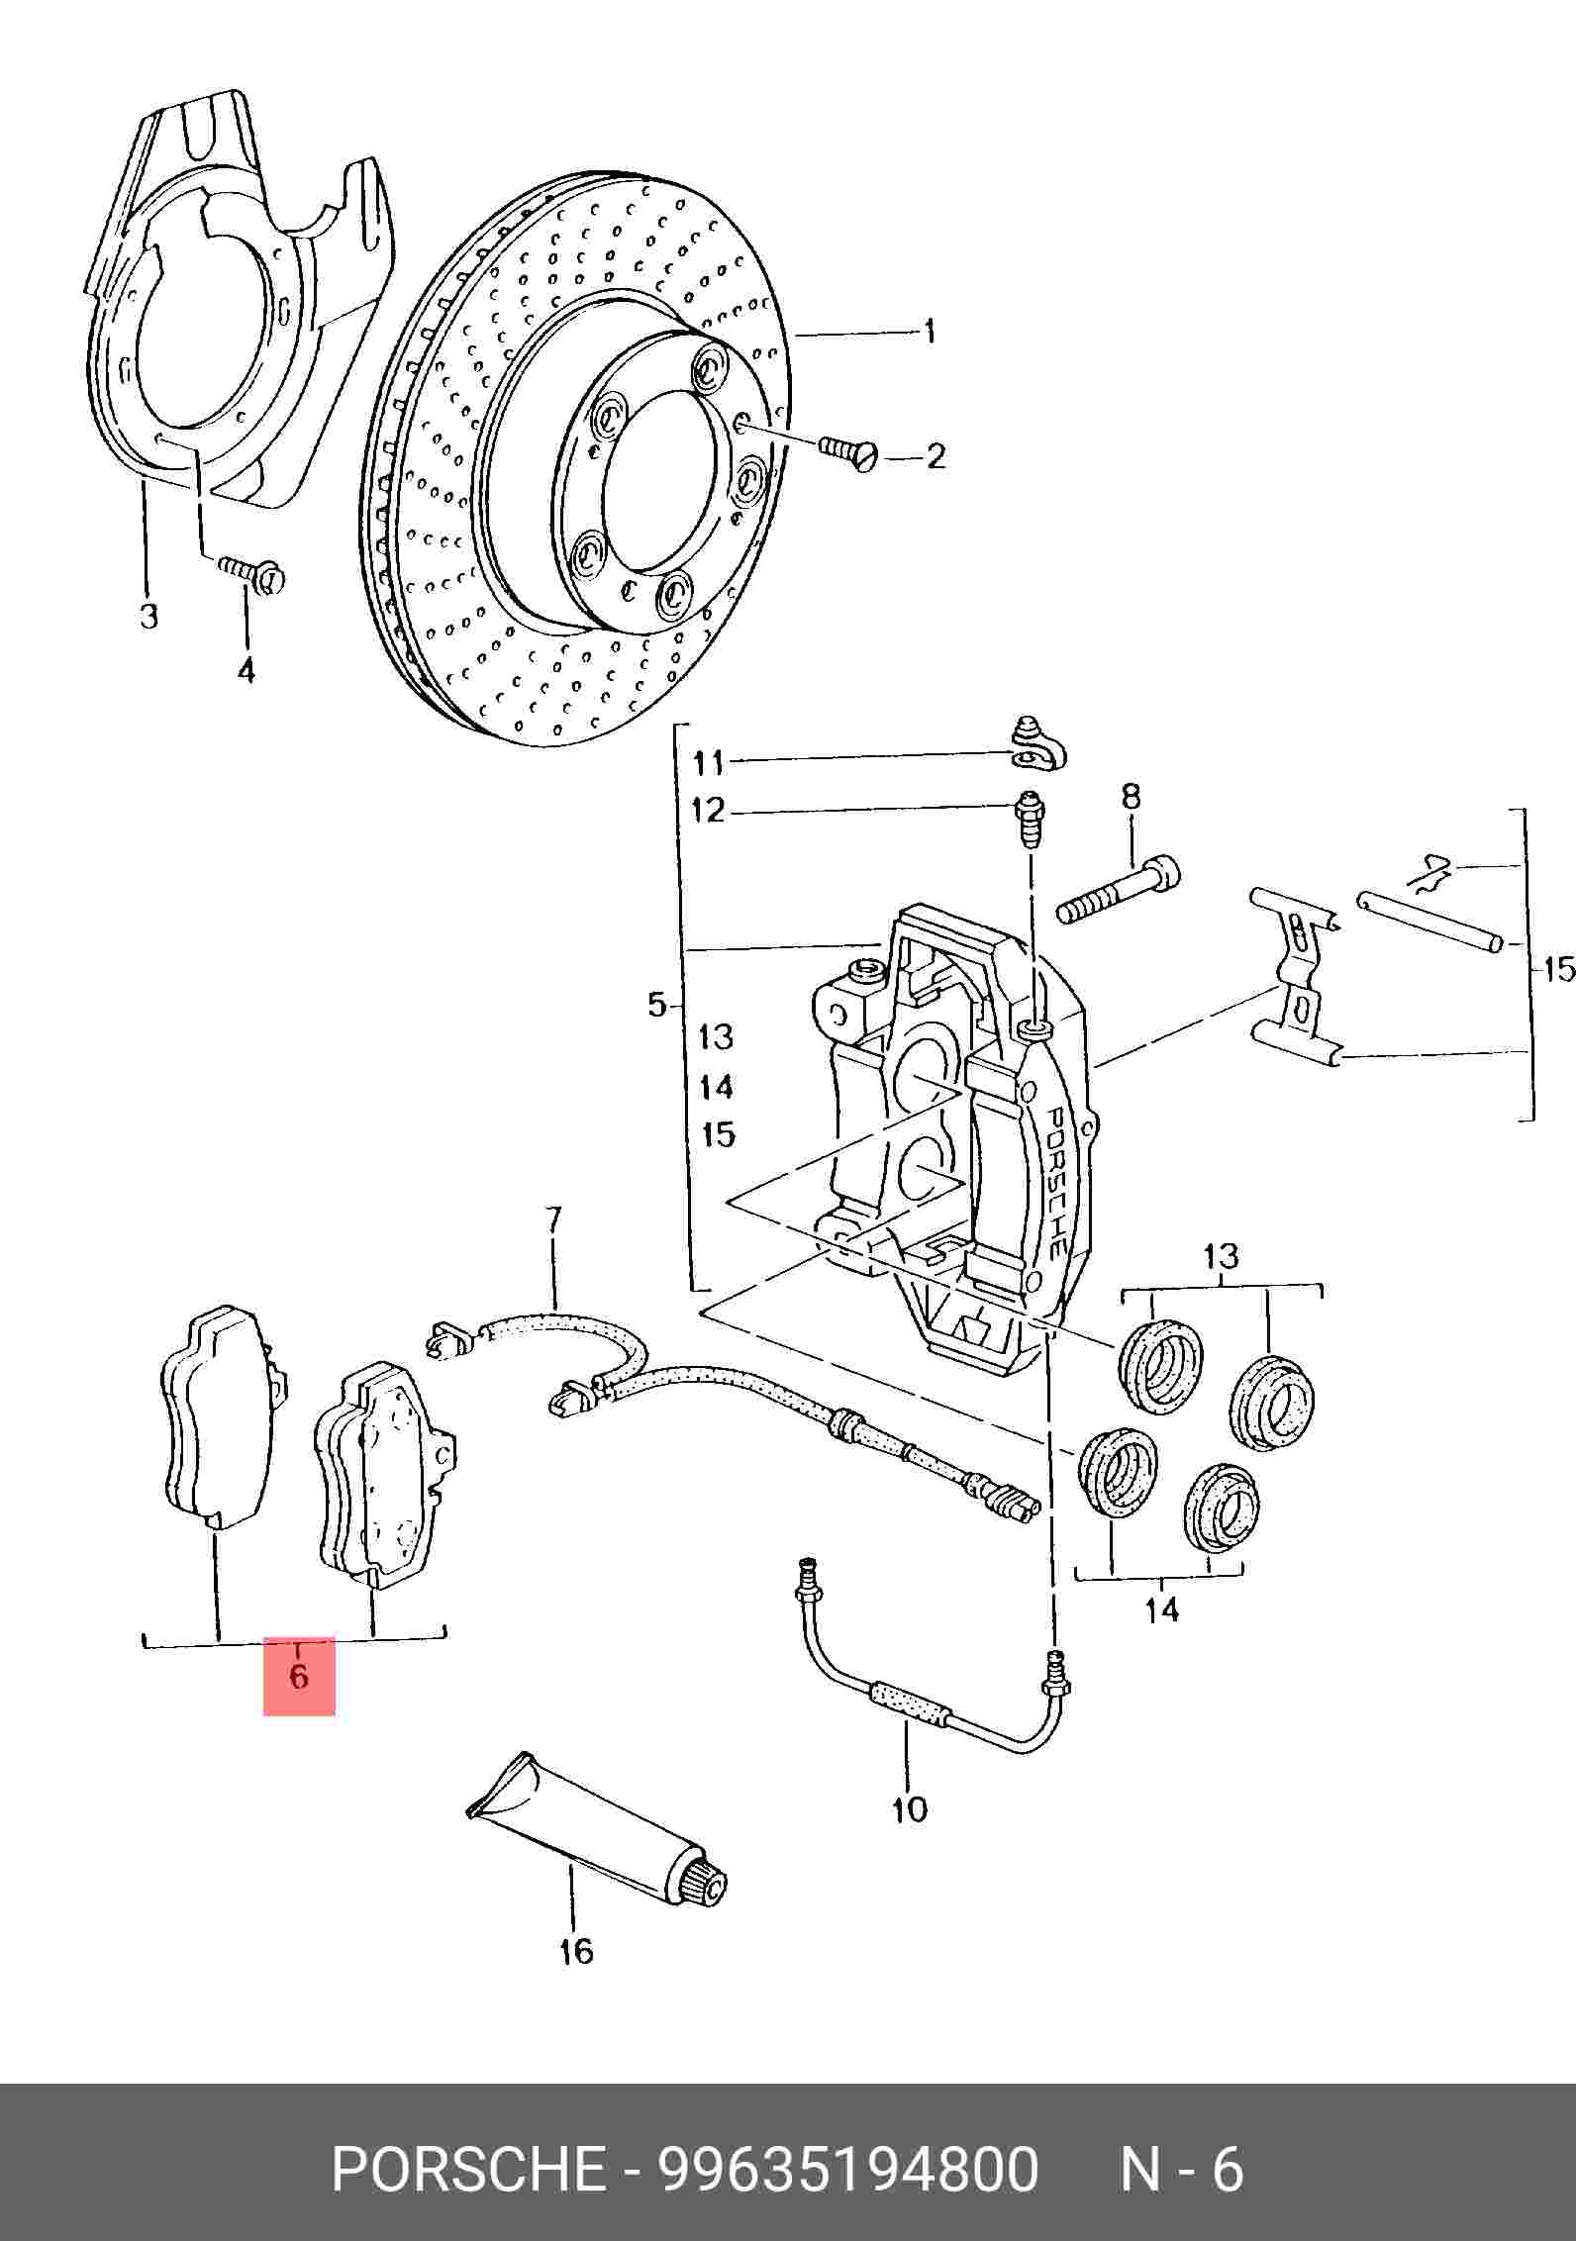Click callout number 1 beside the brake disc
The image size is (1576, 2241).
click(929, 331)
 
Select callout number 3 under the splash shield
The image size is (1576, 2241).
click(148, 616)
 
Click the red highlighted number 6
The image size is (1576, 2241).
click(298, 1676)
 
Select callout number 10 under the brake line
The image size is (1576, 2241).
click(909, 1809)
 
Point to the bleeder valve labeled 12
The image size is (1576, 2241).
click(1030, 818)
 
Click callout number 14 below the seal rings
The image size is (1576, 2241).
click(1162, 1610)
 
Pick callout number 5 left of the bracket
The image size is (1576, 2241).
click(656, 1006)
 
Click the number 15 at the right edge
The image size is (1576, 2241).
click(1557, 968)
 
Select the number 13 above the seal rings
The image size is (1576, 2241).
click(1221, 1257)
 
